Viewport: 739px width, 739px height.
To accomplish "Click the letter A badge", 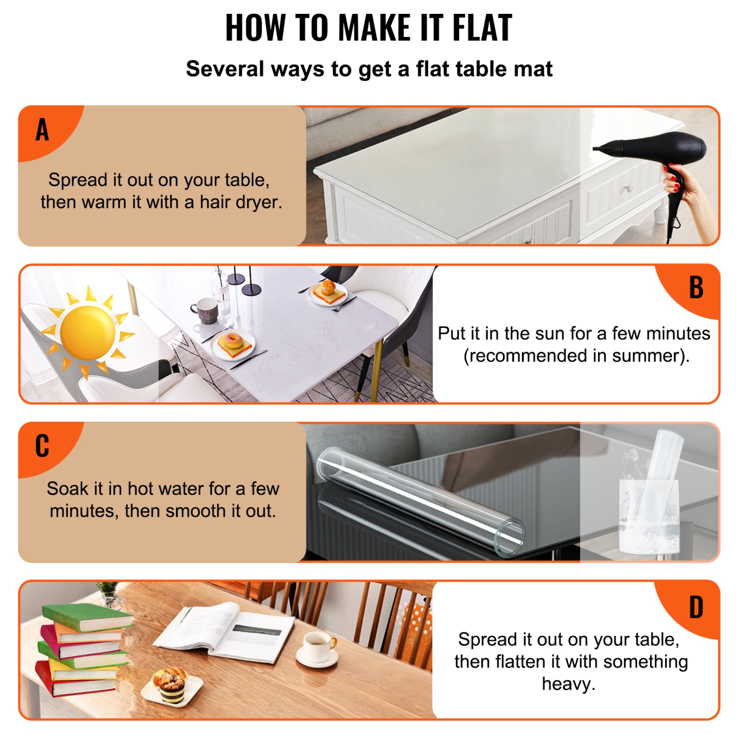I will pos(42,130).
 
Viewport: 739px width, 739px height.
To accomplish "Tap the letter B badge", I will pos(696,288).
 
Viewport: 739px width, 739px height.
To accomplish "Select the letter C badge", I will pos(42,446).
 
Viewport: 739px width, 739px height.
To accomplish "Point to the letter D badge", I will pos(696,607).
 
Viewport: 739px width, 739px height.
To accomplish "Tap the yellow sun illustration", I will pos(88,332).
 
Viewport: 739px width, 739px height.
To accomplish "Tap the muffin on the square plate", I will pos(170,682).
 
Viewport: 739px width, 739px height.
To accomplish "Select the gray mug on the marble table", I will pos(206,310).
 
